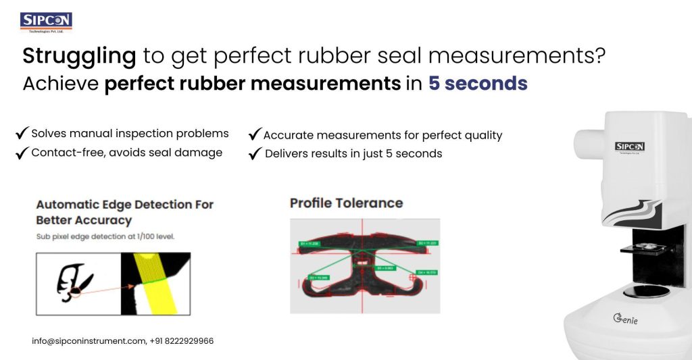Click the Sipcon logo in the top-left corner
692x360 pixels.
coord(46,22)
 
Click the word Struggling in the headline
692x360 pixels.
coord(79,55)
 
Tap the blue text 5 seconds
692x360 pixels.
coord(478,84)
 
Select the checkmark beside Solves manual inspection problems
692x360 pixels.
coord(22,133)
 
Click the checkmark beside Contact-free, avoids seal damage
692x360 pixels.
coord(22,153)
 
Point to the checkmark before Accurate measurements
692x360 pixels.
coord(255,134)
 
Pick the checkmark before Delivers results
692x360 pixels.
coord(255,154)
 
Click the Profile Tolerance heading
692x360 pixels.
coord(346,203)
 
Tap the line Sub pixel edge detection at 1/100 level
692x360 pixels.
coord(105,237)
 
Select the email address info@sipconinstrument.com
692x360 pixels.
coord(88,341)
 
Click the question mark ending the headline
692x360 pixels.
coord(596,55)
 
